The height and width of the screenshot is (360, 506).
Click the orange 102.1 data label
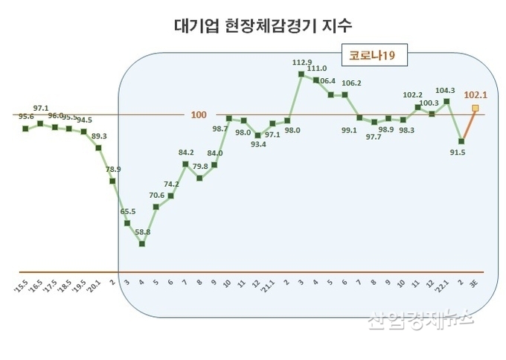[475, 94]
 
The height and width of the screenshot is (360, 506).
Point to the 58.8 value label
[142, 232]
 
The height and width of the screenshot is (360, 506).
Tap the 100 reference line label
[199, 115]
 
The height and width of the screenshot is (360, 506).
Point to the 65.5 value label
[127, 211]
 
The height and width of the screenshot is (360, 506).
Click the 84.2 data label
[186, 152]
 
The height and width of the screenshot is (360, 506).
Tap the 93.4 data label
[257, 144]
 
